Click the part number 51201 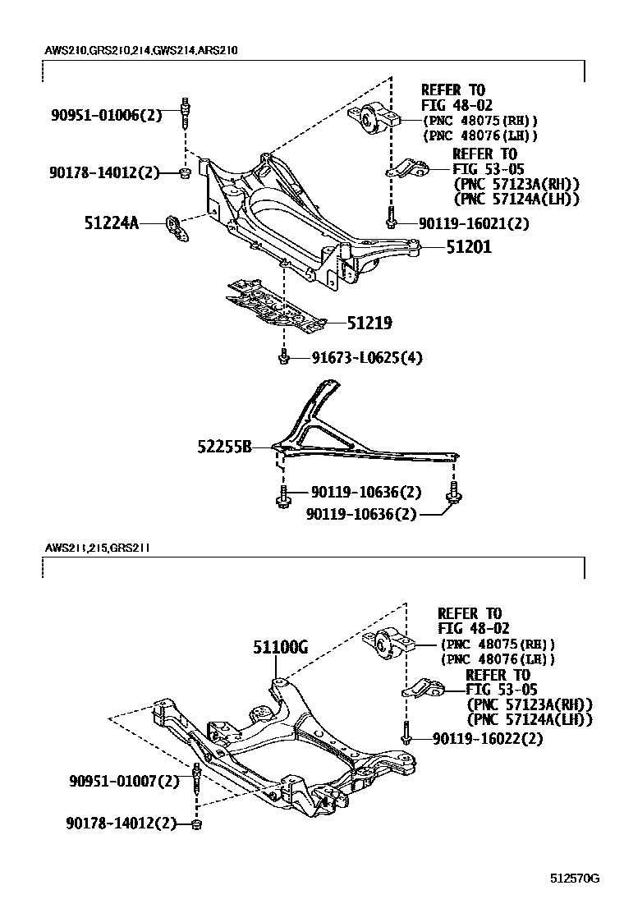click(470, 245)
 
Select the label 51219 click(369, 323)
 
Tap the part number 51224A click(111, 223)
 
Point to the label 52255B click(224, 447)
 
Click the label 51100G click(280, 648)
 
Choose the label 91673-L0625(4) click(355, 357)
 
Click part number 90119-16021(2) click(473, 223)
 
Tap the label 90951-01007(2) click(123, 781)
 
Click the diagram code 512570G click(575, 879)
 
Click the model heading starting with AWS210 click(141, 50)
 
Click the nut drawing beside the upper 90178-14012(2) click(186, 172)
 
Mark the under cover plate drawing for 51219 click(275, 306)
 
